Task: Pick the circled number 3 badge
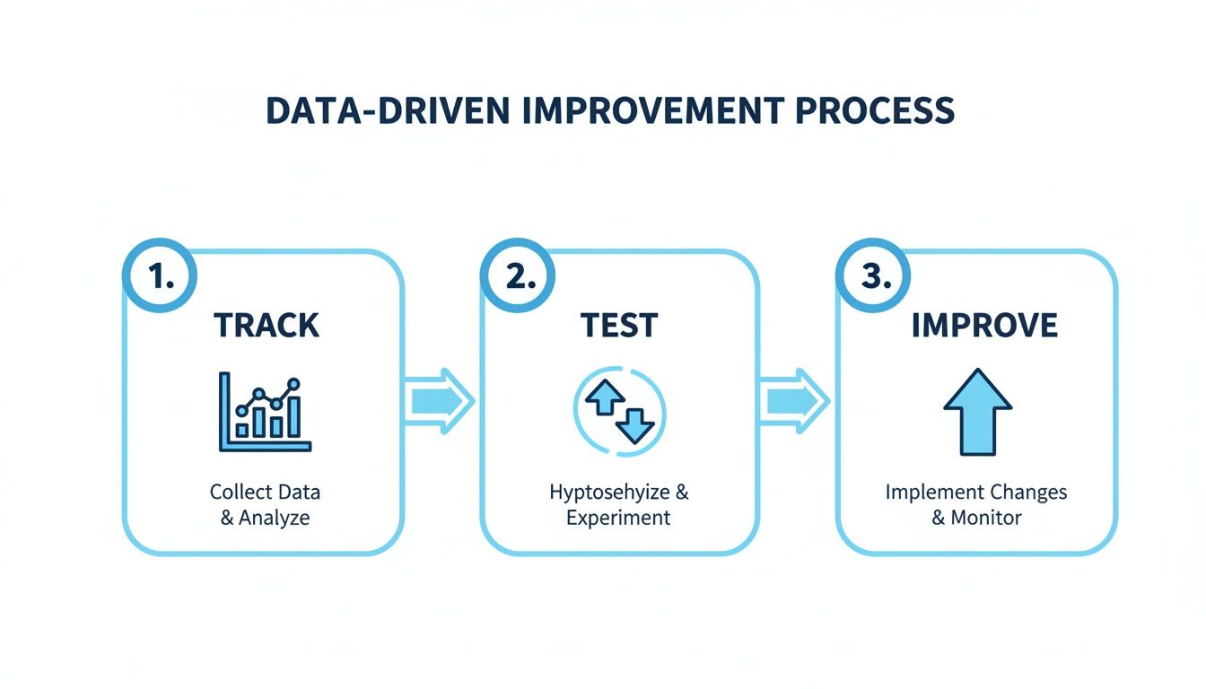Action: (870, 278)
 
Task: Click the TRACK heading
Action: (266, 326)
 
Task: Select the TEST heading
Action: (619, 326)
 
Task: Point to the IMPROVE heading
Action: (984, 326)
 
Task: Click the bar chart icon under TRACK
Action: (264, 412)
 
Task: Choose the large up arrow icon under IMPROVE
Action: (977, 412)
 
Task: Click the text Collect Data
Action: (265, 492)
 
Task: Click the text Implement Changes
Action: (976, 492)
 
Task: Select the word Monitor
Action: (986, 518)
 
